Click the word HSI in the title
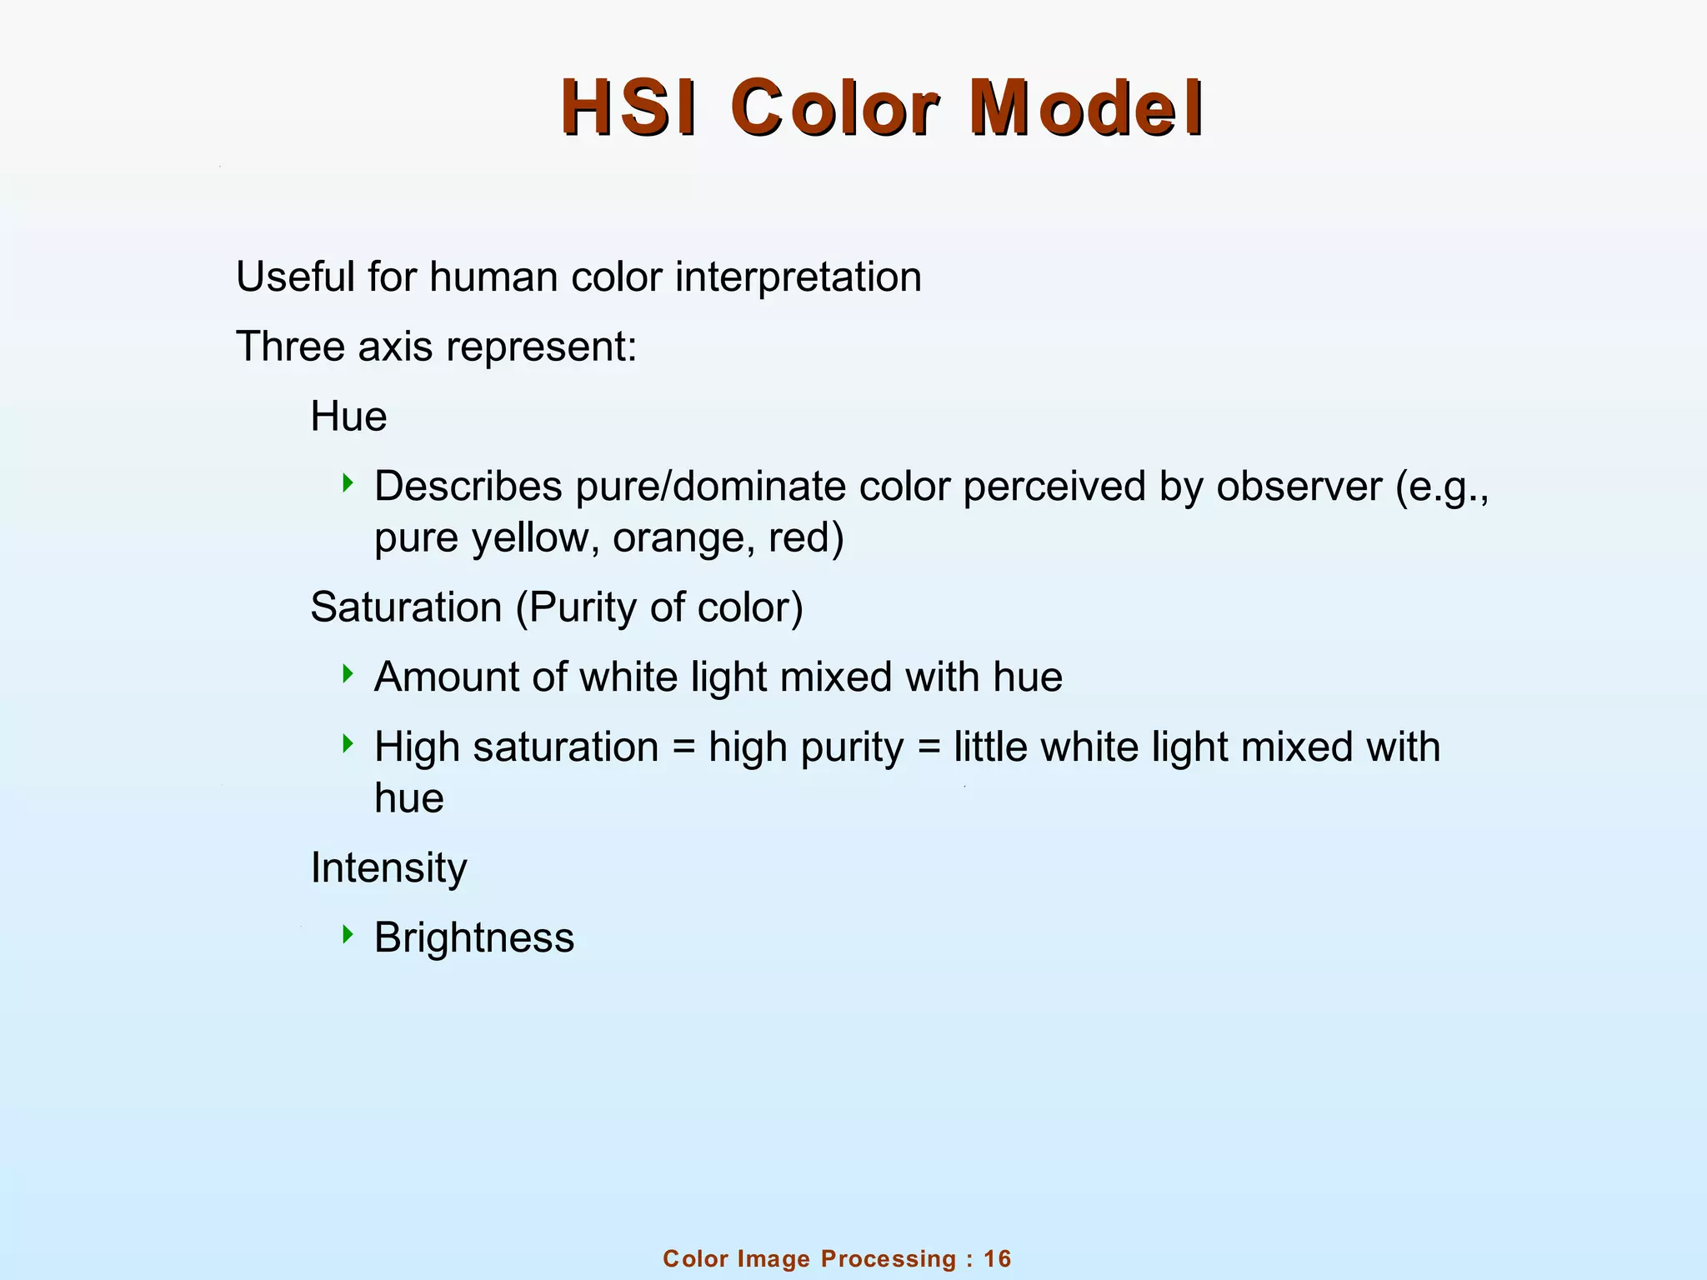(x=628, y=109)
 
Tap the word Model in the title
(x=1085, y=109)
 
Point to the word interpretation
(x=798, y=278)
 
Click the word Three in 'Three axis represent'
(x=291, y=347)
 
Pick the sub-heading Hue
(x=348, y=417)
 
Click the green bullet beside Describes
(x=348, y=482)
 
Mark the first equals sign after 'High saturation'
(x=683, y=748)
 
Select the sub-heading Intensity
(x=388, y=868)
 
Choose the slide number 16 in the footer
(x=997, y=1259)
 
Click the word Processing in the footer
(x=889, y=1259)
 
